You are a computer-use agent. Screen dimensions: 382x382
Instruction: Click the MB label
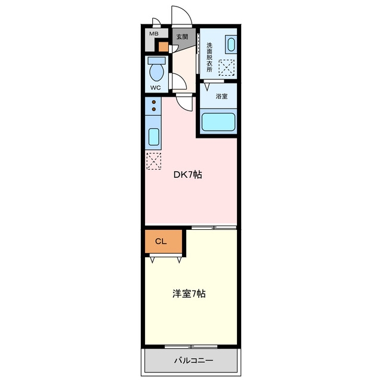point(154,33)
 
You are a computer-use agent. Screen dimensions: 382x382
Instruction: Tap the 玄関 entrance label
point(182,37)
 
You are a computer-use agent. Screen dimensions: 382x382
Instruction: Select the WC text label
point(155,88)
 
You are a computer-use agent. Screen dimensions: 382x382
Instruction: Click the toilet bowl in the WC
point(156,72)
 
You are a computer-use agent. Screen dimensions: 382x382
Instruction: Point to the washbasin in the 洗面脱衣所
point(231,44)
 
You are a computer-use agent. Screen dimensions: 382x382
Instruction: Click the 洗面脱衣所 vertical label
point(210,57)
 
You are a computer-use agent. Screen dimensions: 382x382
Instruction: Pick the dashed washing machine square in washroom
point(226,67)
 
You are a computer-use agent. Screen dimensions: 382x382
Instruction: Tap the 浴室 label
point(221,96)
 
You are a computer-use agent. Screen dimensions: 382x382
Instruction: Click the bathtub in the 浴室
point(218,122)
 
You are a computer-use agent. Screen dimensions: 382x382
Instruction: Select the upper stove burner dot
point(154,102)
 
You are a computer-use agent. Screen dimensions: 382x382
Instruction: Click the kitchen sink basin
point(154,137)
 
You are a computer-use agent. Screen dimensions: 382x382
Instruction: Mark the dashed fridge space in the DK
point(154,161)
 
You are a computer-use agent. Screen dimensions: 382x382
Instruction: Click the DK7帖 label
point(187,174)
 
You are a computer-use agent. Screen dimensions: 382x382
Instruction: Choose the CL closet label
point(161,241)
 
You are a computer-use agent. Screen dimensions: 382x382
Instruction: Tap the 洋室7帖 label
point(189,294)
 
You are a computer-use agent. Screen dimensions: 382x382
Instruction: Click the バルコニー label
point(193,361)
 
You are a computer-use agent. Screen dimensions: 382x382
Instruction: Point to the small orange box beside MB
point(163,47)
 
